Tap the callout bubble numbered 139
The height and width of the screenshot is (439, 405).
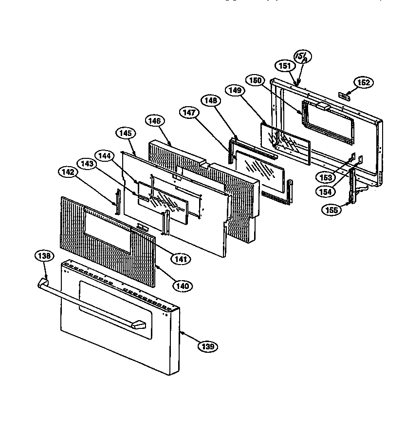tap(207, 346)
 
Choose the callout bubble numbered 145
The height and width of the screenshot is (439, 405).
tap(124, 133)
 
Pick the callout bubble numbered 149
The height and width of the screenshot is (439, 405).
tap(235, 90)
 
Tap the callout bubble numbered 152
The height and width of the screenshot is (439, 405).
tap(363, 83)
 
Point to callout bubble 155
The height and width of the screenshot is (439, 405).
tap(331, 210)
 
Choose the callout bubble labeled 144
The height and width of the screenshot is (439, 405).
tap(107, 156)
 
